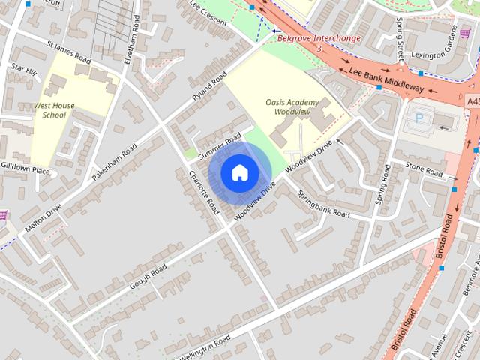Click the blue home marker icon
click(x=239, y=173)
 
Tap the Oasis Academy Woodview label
click(x=292, y=106)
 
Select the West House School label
click(x=54, y=110)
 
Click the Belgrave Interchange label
click(x=319, y=38)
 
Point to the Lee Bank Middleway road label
click(x=387, y=79)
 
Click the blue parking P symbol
click(x=420, y=118)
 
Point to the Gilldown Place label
click(x=25, y=171)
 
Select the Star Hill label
click(x=24, y=68)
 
